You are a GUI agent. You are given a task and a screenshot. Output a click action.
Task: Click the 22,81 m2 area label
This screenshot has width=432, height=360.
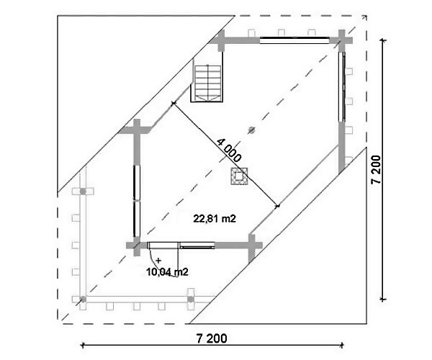[215, 219]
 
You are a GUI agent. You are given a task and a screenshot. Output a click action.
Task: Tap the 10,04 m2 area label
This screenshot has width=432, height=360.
[167, 272]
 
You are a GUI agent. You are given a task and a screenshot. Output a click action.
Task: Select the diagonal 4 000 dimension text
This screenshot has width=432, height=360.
[229, 150]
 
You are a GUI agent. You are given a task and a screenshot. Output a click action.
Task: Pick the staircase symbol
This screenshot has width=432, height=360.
[207, 84]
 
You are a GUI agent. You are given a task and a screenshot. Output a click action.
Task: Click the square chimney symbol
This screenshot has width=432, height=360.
[239, 176]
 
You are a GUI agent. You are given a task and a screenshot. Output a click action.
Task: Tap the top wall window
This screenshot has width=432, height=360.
[294, 40]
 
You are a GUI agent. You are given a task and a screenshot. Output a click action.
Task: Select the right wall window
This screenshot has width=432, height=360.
[342, 86]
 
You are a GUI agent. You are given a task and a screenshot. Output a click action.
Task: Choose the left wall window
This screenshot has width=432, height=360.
[137, 201]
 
